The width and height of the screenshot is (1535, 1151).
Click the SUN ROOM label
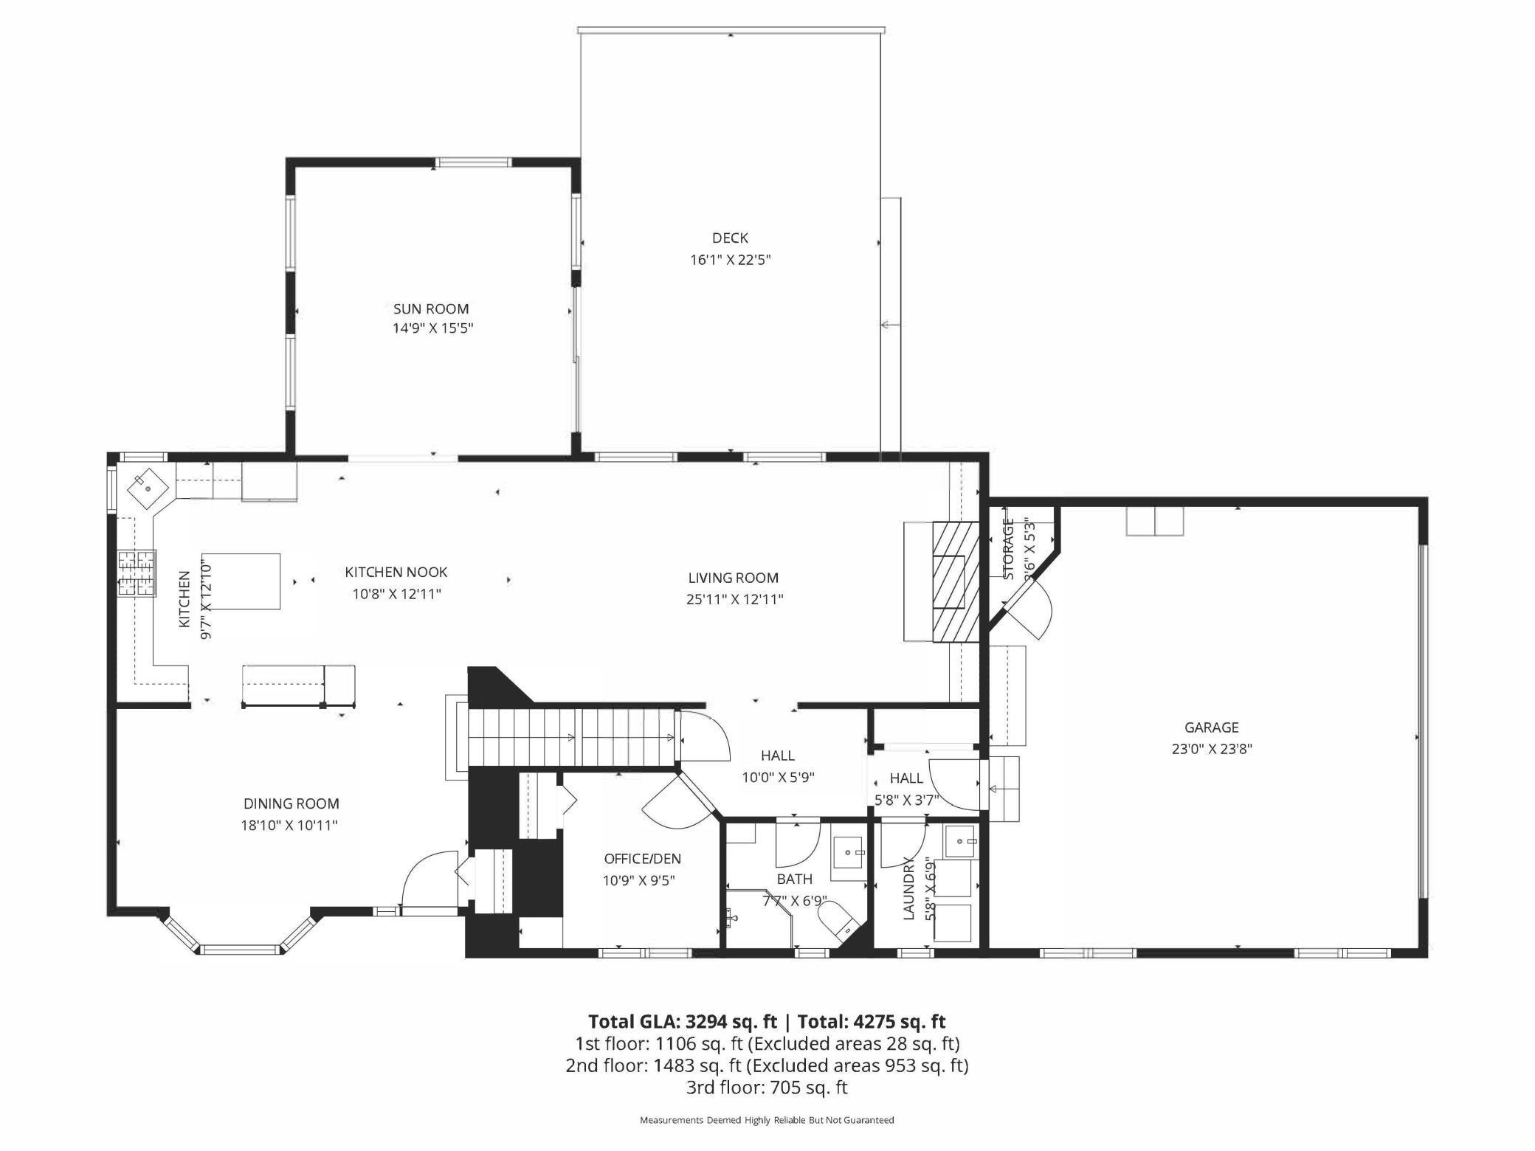tap(431, 308)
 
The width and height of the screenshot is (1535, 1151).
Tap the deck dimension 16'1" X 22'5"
tap(730, 260)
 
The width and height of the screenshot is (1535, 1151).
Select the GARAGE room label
tap(1211, 727)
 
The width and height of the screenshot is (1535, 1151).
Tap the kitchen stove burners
tap(137, 574)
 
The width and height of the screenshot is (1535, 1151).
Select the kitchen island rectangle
tap(241, 581)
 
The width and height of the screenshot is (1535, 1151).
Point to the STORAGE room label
tap(1009, 548)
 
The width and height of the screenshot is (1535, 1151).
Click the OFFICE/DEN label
tap(642, 859)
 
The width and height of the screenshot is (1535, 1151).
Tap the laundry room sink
tap(961, 841)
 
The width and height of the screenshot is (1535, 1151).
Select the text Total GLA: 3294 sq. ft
tap(682, 1021)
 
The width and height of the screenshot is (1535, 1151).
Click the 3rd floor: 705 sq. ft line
tap(766, 1087)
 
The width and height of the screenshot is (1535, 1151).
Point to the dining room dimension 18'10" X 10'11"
tap(289, 825)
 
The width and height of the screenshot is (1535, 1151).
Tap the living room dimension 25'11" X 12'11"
tap(734, 599)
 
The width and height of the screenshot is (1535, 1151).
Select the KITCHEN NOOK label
tap(396, 572)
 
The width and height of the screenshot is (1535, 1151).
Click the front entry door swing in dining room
tap(428, 882)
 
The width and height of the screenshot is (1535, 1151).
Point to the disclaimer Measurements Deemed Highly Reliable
tap(766, 1120)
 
